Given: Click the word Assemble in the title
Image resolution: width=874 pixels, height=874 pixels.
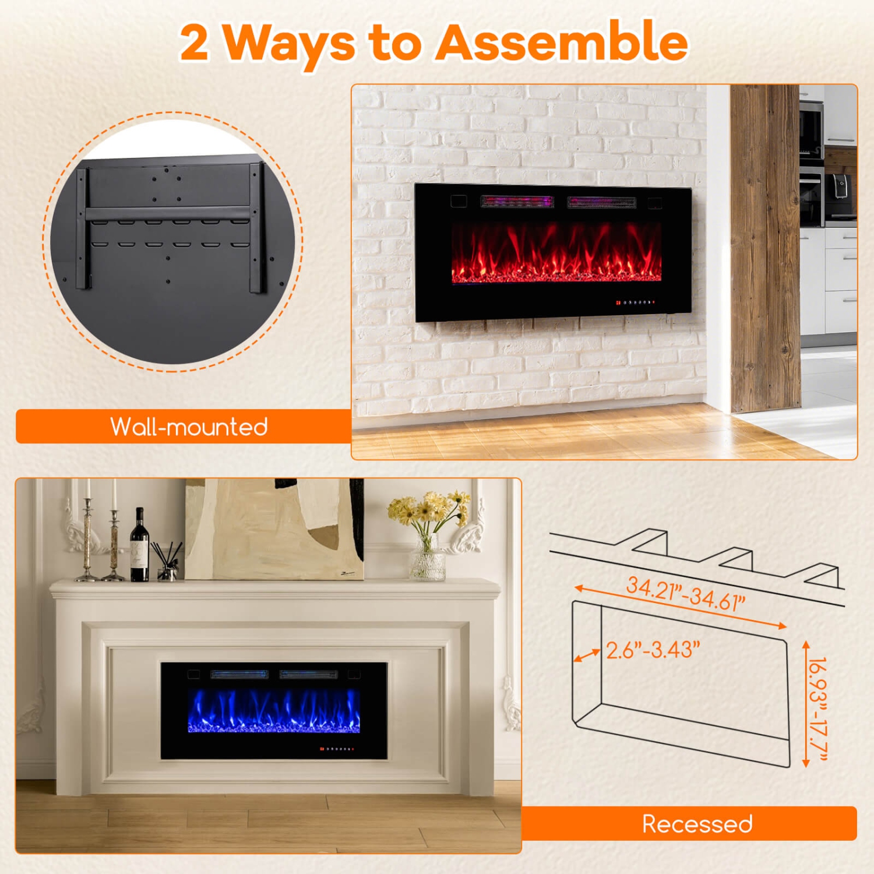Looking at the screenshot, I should pos(562,42).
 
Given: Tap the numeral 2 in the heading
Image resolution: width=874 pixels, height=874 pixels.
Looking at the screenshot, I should pos(194,43).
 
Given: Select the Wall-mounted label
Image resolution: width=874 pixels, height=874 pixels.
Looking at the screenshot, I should pos(189,427).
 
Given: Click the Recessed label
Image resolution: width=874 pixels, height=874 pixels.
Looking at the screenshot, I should pos(697,823).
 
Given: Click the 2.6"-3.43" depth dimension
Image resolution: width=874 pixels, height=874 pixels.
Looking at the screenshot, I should pos(653,650).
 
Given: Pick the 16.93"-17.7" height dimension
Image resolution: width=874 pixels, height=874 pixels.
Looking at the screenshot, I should pos(819,709).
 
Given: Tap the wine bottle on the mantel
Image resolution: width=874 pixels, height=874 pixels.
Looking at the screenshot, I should pos(139,548).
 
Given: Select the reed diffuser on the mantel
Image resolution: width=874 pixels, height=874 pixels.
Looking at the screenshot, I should pos(166,562).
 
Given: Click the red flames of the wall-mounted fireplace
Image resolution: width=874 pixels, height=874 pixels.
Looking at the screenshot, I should pos(556,253).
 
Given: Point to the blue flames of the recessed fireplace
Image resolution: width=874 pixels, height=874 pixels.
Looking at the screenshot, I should pos(274,711).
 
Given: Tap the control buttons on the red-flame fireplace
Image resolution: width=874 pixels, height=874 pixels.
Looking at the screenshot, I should pos(636,302).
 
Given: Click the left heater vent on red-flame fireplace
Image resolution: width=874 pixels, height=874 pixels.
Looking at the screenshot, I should pos(516,202).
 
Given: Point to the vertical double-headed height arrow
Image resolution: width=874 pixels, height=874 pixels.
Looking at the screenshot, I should pos(806,704).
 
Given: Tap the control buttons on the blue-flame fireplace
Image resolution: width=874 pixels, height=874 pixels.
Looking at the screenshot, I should pos(337,748).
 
